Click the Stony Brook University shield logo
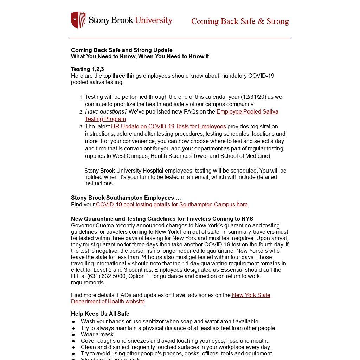click(78, 20)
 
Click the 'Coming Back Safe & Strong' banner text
click(240, 21)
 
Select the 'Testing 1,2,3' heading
click(88, 69)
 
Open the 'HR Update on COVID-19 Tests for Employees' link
click(168, 127)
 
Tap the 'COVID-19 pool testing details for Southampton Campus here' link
click(172, 205)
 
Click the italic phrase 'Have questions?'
click(106, 112)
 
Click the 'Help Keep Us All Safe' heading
click(100, 314)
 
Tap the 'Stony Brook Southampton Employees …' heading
click(126, 198)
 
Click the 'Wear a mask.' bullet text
click(98, 335)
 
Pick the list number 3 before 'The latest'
click(81, 127)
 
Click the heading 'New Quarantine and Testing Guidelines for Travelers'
click(162, 219)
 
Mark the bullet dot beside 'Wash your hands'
click(73, 322)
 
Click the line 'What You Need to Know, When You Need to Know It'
click(140, 57)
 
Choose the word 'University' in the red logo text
click(154, 20)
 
